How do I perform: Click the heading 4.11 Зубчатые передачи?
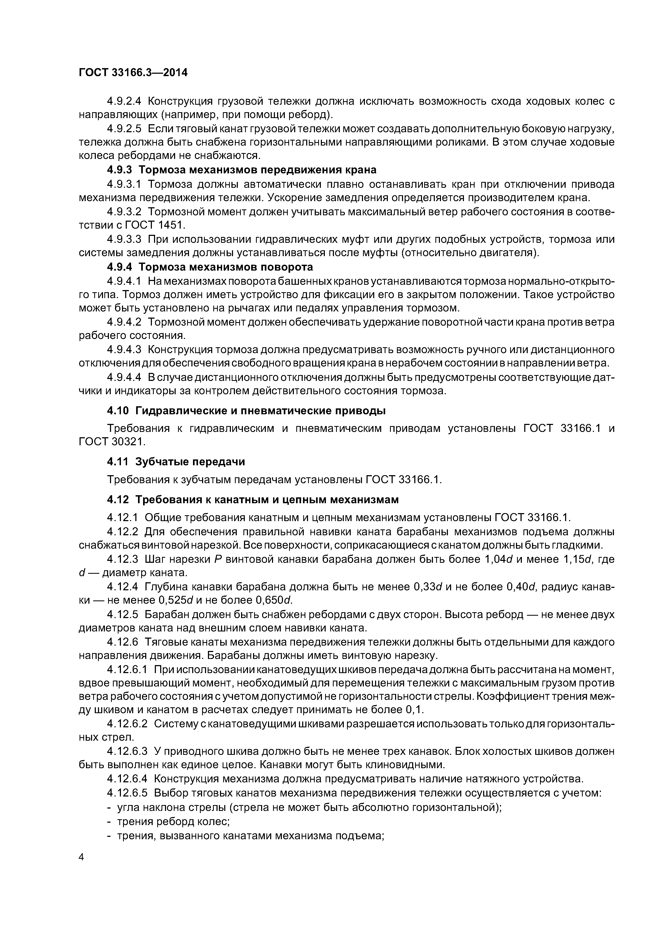pyautogui.click(x=176, y=462)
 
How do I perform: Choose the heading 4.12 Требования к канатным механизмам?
pyautogui.click(x=253, y=499)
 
